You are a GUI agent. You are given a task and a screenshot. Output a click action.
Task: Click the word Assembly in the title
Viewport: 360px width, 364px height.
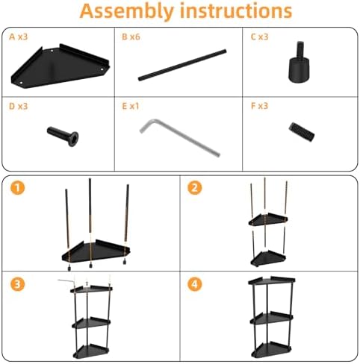coord(126,11)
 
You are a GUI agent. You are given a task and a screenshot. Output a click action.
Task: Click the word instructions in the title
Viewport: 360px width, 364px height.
coord(236,10)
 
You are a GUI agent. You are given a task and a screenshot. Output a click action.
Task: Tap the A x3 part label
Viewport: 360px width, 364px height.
coord(18,37)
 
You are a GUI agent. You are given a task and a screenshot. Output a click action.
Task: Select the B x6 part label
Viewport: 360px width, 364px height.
coord(131,37)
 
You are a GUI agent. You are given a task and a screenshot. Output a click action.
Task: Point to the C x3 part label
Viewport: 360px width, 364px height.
coord(259,37)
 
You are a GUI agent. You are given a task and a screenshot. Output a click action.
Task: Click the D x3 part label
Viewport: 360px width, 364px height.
coord(18,106)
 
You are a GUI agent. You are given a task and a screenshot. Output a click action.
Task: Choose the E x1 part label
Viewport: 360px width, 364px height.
coord(131,106)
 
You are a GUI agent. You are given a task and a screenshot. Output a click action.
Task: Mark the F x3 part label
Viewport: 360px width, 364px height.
coord(259,106)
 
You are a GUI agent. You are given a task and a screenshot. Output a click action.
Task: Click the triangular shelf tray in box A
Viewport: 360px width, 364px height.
coord(60,66)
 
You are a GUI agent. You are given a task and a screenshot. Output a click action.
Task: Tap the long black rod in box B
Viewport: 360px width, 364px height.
coord(182,65)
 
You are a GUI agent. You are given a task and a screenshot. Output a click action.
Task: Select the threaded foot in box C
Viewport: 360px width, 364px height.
coord(299,63)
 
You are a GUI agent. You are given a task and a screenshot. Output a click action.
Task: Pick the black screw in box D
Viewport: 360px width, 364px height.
coord(63,136)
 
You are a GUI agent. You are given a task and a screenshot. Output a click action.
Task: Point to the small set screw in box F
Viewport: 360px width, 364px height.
coord(302,132)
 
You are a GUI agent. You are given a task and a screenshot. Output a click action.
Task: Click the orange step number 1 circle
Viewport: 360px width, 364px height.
coord(17,187)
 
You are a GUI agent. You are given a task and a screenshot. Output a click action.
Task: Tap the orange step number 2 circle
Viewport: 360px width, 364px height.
coord(194,187)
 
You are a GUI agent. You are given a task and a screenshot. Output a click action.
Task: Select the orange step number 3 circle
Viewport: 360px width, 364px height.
coord(17,284)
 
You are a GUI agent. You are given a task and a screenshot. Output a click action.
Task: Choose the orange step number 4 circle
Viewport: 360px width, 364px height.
coord(194,284)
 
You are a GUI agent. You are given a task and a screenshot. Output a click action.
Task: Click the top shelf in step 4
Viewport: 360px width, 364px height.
coord(272,280)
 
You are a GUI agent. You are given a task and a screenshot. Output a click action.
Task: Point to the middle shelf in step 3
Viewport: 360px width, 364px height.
coord(91,323)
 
